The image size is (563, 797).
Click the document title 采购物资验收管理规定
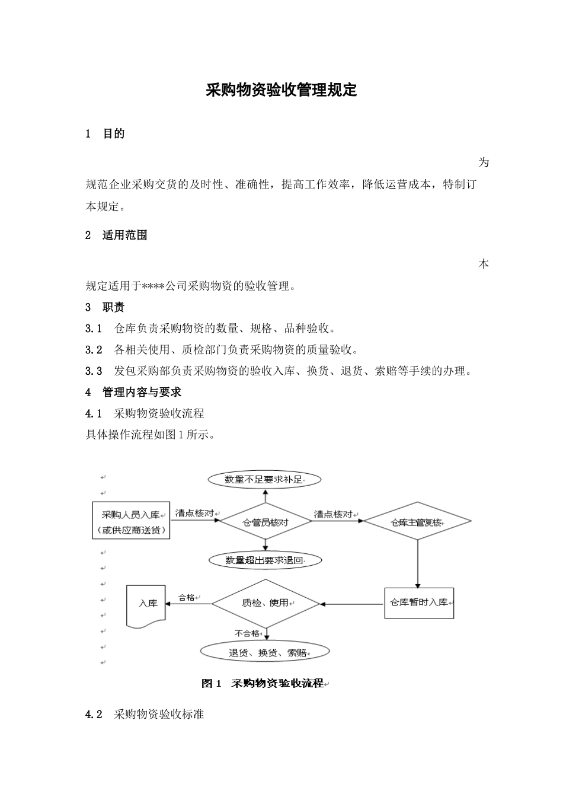tap(281, 90)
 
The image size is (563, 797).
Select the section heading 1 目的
tap(105, 134)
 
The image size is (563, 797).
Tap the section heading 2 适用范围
tap(116, 235)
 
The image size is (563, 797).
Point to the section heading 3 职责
tap(105, 307)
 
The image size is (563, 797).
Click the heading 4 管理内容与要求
tap(133, 393)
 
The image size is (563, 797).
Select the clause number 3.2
tap(94, 350)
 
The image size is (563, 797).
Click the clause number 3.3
tap(94, 371)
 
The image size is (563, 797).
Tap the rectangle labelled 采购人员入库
tap(131, 521)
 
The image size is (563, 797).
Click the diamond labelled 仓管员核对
tap(265, 522)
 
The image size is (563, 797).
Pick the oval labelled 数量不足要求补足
tap(264, 479)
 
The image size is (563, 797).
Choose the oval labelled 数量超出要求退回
tap(265, 560)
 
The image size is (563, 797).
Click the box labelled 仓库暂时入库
tap(419, 602)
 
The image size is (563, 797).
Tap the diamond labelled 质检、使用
tap(265, 603)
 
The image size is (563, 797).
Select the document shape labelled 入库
tap(146, 604)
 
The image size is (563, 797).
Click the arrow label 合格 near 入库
tap(187, 598)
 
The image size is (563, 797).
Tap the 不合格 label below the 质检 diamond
tap(247, 633)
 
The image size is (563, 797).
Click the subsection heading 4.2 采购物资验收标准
tap(145, 715)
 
